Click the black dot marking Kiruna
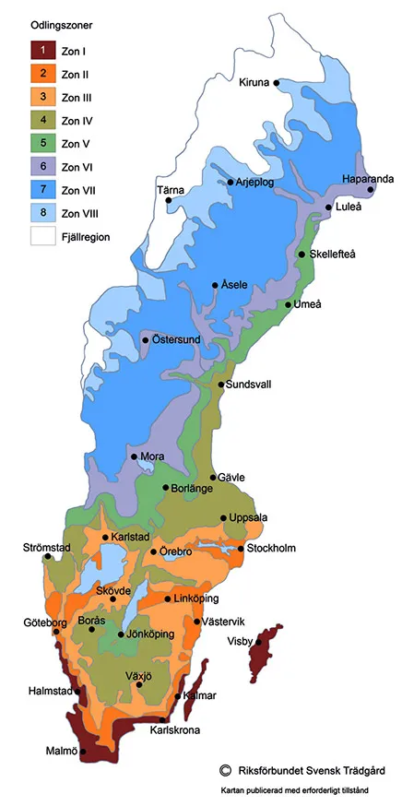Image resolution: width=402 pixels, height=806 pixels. point(276,82)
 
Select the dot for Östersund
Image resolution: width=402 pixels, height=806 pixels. point(145,340)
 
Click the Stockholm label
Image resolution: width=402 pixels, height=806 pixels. point(272,549)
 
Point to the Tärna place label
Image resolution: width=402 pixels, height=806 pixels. point(171,190)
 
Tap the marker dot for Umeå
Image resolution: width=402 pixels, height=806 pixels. point(289,304)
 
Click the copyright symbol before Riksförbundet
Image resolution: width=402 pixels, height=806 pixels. point(224,769)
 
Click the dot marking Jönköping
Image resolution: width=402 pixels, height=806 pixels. point(121,634)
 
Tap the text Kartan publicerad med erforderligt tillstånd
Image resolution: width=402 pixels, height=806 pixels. point(301,791)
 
